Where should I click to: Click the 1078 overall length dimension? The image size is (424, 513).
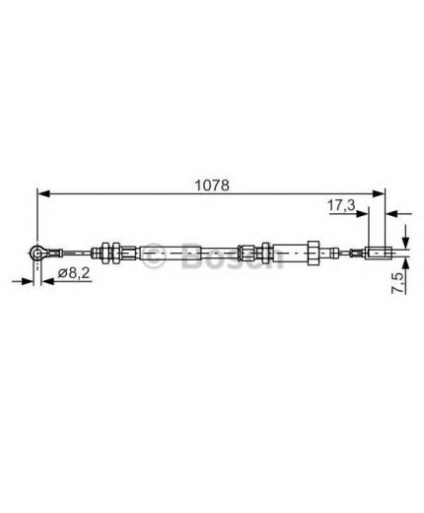coord(212,185)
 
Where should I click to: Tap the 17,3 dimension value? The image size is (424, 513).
coord(341,205)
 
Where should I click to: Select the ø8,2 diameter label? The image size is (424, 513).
coord(74,273)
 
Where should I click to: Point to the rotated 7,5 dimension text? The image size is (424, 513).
coord(398,283)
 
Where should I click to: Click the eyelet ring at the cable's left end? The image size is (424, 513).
coord(36,253)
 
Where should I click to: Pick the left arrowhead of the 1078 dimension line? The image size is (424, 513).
coord(43,193)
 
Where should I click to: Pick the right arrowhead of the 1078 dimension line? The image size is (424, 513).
coord(378,193)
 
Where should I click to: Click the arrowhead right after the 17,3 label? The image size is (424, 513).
coord(362,214)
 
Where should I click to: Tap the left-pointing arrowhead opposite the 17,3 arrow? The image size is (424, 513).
coord(391,214)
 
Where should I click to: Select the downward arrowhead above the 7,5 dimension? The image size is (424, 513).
coord(406,242)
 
